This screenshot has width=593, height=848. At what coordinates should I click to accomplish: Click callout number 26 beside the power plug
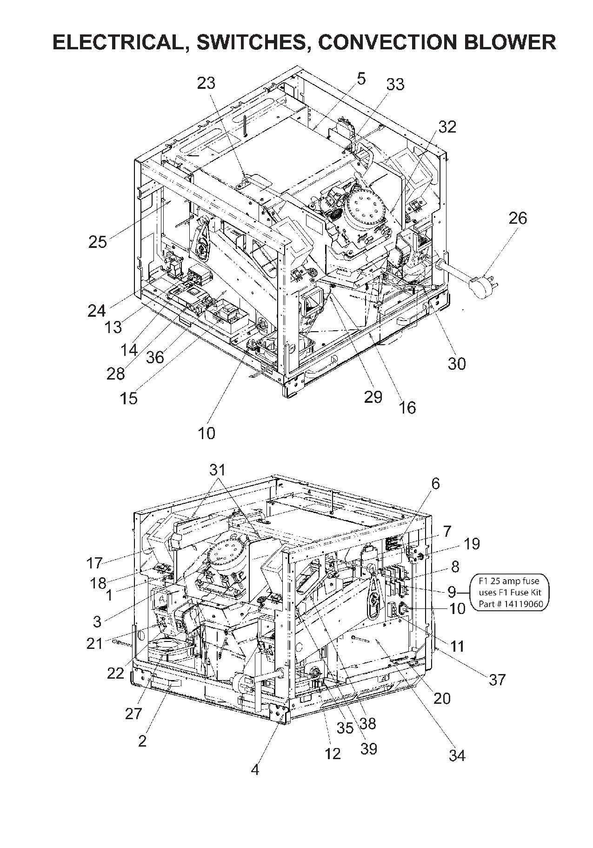[518, 218]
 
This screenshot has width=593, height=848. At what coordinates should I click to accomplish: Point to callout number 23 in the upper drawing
[207, 83]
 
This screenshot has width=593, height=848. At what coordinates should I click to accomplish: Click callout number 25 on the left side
[98, 242]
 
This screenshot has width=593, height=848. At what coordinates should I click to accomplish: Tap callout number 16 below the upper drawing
[407, 408]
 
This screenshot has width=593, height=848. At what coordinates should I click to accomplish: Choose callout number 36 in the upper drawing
[155, 357]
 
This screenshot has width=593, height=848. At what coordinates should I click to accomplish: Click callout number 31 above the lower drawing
[217, 470]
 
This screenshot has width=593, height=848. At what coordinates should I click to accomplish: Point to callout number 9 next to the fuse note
[452, 592]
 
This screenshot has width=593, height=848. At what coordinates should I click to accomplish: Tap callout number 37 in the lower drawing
[497, 680]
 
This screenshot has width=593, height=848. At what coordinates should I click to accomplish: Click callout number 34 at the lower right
[457, 755]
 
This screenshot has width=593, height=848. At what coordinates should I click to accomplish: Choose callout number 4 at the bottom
[255, 769]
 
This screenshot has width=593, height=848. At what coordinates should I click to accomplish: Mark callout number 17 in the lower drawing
[94, 563]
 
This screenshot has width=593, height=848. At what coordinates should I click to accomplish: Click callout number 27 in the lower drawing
[133, 713]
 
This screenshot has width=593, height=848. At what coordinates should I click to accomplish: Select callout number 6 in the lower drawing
[435, 484]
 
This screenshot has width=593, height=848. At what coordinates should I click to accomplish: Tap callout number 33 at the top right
[395, 85]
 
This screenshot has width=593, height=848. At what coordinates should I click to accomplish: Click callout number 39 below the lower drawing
[368, 748]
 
